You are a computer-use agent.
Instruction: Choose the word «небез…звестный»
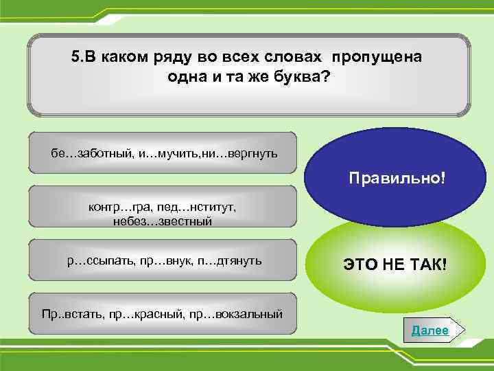163,221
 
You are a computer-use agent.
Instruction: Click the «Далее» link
430,330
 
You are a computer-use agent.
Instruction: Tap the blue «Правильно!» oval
397,178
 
